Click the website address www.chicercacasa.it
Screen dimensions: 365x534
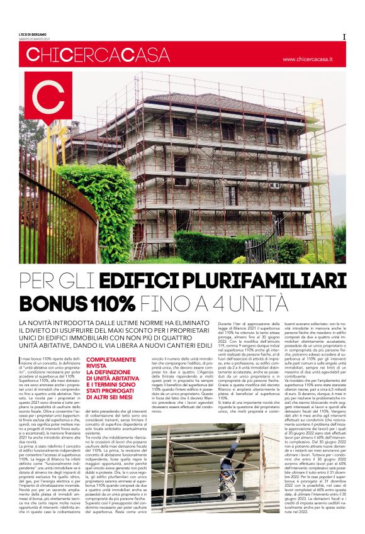312,58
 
